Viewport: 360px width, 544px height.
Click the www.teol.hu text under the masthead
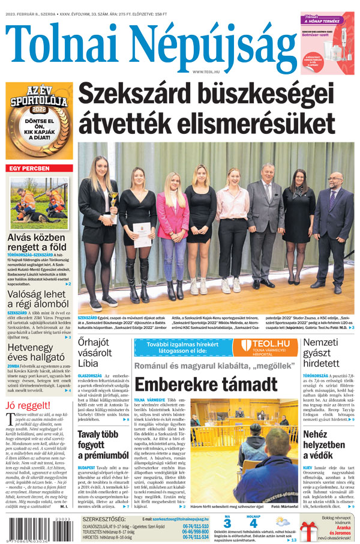(205, 71)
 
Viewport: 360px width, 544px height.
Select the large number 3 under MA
(226, 524)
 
